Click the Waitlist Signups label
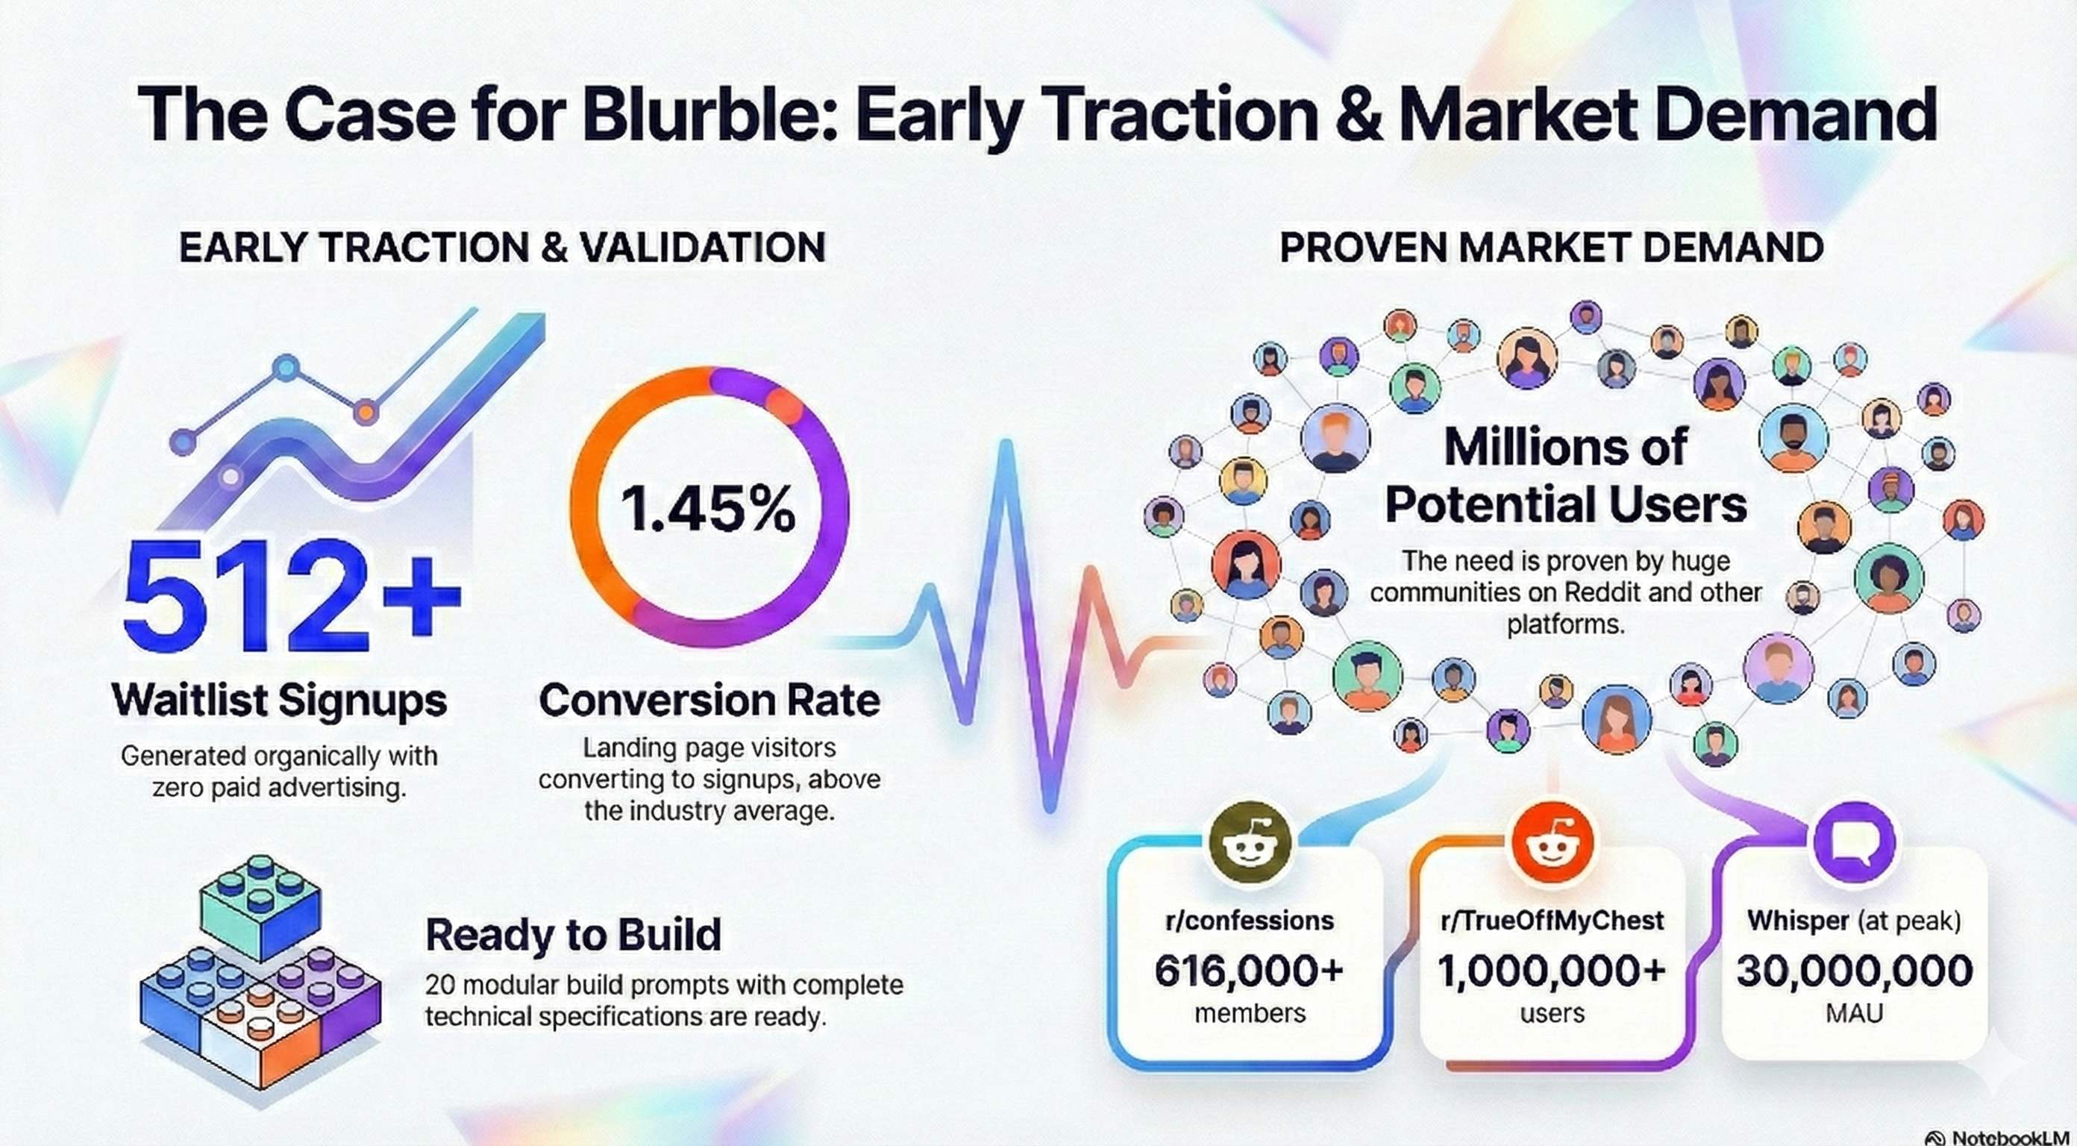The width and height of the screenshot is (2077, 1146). pos(279,700)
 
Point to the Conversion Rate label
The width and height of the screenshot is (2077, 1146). pos(709,700)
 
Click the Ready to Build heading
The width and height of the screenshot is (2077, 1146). pos(573,935)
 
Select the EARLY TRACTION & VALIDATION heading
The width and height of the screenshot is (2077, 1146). pos(502,248)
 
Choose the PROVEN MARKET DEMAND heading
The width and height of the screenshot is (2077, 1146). pos(1551,248)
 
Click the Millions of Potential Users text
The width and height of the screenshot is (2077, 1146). pos(1565,476)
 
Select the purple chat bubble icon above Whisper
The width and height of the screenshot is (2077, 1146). pos(1854,843)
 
